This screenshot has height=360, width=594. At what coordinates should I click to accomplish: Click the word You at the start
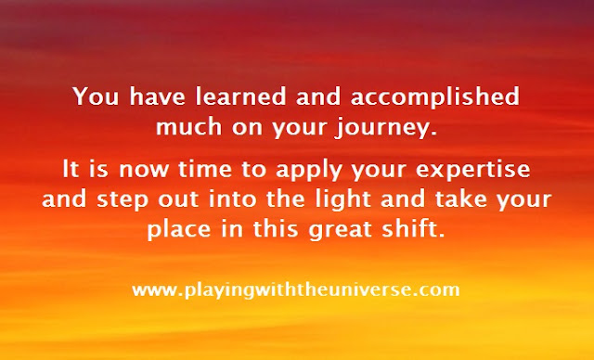point(96,96)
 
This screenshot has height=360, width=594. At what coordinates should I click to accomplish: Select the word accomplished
point(435,97)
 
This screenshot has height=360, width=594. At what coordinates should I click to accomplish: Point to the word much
point(188,126)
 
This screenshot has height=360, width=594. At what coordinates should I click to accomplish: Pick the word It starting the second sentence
point(71,169)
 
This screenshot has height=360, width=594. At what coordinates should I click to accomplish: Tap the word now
point(144,171)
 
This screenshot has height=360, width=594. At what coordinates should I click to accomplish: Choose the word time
point(205,169)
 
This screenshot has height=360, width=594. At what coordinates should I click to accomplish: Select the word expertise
point(472,171)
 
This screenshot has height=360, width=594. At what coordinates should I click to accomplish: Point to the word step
point(122,201)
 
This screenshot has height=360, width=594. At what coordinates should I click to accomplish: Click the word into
point(233,199)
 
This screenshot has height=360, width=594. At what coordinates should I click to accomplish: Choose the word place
point(179,231)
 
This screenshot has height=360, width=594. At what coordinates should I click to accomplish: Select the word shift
point(413,228)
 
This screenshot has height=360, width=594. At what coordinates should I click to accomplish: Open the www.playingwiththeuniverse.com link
point(296,290)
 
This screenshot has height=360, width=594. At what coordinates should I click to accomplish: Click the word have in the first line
point(158,96)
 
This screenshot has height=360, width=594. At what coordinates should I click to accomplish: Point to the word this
point(276,228)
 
